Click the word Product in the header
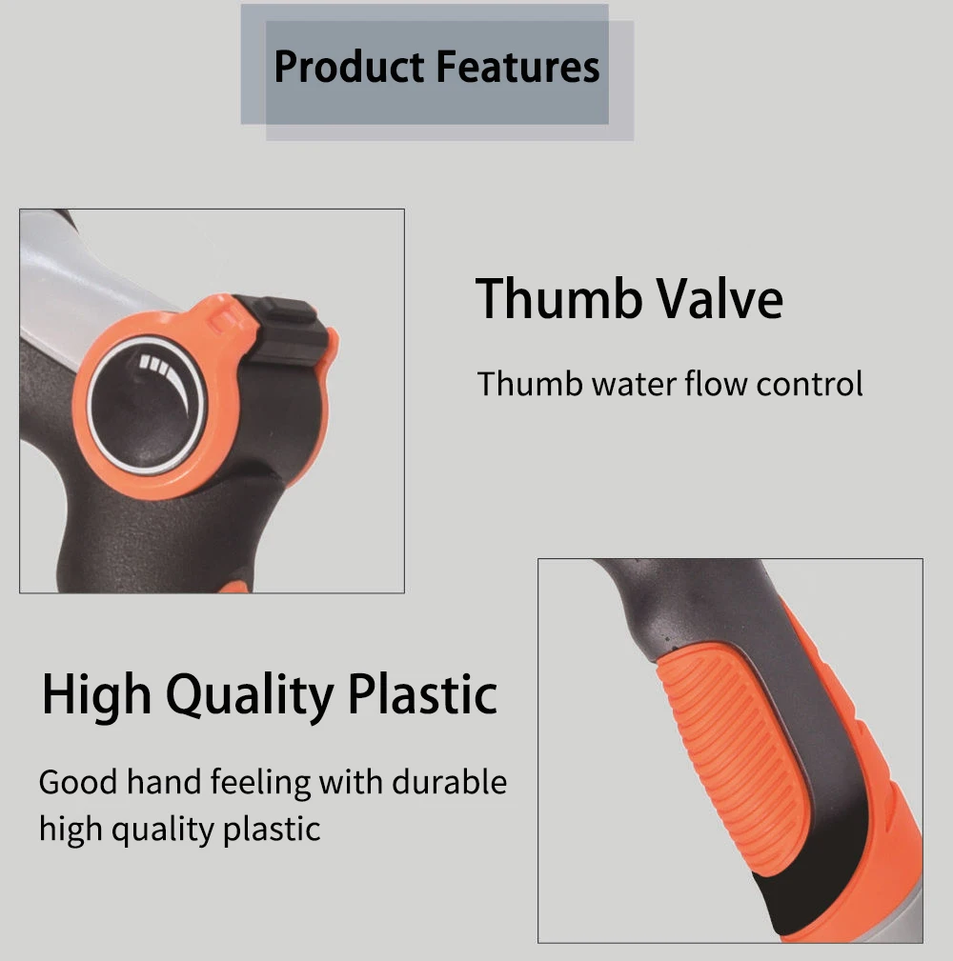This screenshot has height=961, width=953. pyautogui.click(x=349, y=68)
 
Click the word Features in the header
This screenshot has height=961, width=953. pyautogui.click(x=518, y=68)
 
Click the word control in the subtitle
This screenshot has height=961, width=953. pyautogui.click(x=809, y=384)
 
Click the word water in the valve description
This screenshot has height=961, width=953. pyautogui.click(x=633, y=384)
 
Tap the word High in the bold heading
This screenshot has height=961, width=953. pyautogui.click(x=95, y=695)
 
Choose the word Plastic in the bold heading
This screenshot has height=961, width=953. pyautogui.click(x=421, y=695)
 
